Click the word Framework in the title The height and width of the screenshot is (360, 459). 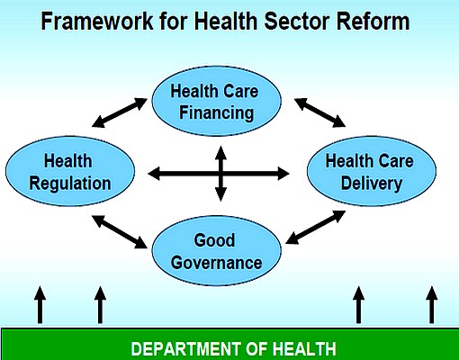coord(97,21)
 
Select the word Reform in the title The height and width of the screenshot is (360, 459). coord(373,21)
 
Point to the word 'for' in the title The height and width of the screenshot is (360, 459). coord(174,21)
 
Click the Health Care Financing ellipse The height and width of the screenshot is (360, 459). coord(217,101)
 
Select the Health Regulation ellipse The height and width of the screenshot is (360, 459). coord(70,171)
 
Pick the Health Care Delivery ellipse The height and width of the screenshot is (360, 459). coord(372,171)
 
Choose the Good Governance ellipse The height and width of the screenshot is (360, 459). coord(217,250)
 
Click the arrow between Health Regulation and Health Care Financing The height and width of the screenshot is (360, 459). coord(120,112)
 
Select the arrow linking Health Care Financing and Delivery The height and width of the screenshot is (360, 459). coord(319,112)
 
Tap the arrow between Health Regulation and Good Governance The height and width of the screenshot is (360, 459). coord(120,232)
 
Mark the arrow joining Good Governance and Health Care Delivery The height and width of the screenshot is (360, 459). coord(316,227)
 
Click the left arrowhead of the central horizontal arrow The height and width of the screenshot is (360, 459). coord(154,174)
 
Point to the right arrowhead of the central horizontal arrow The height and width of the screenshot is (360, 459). coord(283,174)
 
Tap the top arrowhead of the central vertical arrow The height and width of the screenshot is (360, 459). coord(220,152)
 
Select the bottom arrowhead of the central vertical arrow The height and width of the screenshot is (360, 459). coord(220,195)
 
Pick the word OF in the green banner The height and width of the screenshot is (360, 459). coord(256,348)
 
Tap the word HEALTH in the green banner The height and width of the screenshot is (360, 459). coord(304,348)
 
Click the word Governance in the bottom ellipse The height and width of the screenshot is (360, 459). coord(216,263)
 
